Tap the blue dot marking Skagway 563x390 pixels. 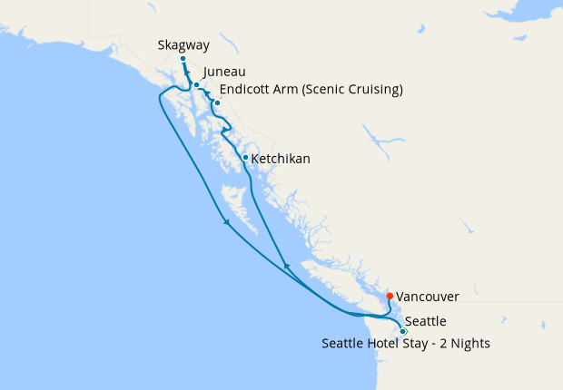pyautogui.click(x=183, y=59)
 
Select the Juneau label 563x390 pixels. pyautogui.click(x=224, y=72)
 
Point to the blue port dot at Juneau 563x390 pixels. pyautogui.click(x=196, y=84)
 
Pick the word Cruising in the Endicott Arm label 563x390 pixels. pyautogui.click(x=372, y=89)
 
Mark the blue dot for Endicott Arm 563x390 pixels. pyautogui.click(x=217, y=102)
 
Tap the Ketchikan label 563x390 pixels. pyautogui.click(x=281, y=159)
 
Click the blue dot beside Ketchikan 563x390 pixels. pyautogui.click(x=245, y=158)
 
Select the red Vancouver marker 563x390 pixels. pyautogui.click(x=390, y=296)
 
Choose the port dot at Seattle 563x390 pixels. pyautogui.click(x=403, y=331)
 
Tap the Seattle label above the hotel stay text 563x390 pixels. pyautogui.click(x=425, y=321)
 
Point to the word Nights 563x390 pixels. pyautogui.click(x=469, y=343)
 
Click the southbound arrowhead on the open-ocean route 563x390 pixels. pyautogui.click(x=225, y=222)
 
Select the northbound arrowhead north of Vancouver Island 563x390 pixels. pyautogui.click(x=286, y=265)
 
